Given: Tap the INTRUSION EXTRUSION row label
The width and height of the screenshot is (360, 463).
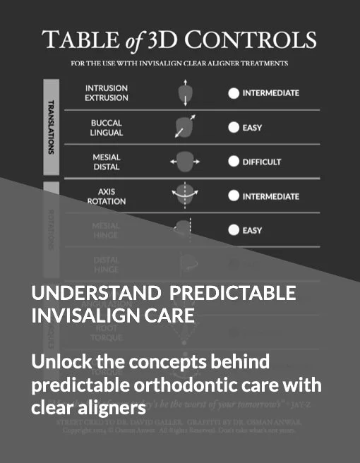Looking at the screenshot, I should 107,93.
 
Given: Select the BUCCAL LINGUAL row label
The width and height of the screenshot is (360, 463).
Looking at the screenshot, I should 107,128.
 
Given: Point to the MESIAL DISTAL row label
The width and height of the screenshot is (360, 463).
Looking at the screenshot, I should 107,162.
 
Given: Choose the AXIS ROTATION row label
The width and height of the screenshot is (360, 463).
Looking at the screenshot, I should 107,196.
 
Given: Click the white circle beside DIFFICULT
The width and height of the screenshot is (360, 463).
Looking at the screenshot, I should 233,162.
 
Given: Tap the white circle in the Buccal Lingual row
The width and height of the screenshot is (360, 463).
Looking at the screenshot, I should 233,128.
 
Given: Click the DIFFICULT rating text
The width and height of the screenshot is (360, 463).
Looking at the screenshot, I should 262,162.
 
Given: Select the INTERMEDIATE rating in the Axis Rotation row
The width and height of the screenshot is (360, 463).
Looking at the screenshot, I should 270,196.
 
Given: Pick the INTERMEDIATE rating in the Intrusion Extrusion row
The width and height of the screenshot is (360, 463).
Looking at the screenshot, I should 270,93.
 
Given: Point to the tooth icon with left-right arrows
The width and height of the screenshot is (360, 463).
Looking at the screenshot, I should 184,162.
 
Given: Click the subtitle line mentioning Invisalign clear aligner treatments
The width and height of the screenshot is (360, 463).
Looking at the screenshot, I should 179,63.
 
